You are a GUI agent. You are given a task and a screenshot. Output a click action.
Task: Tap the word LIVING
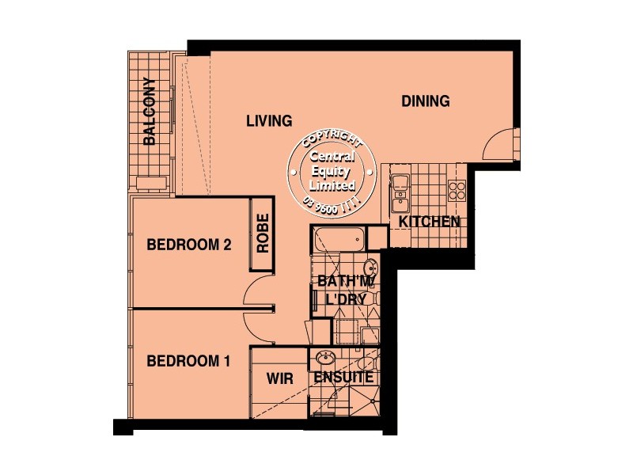pyautogui.click(x=268, y=121)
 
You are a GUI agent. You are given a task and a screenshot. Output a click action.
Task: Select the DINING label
pyautogui.click(x=425, y=101)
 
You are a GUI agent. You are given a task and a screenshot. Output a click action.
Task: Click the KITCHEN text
pyautogui.click(x=429, y=222)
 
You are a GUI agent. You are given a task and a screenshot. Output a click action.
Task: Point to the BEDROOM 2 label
pyautogui.click(x=189, y=245)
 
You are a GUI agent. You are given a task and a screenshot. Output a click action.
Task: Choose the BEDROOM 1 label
pyautogui.click(x=188, y=361)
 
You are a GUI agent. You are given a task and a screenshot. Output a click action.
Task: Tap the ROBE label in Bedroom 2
pyautogui.click(x=263, y=234)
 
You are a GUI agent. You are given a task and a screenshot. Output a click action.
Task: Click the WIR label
pyautogui.click(x=279, y=379)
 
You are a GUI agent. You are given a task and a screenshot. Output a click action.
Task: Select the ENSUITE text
pyautogui.click(x=343, y=378)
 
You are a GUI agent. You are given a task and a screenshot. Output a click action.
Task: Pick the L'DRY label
pyautogui.click(x=345, y=300)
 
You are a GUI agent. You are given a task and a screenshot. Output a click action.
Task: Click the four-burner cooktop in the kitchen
pyautogui.click(x=457, y=189)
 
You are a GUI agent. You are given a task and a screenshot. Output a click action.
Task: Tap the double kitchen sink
pyautogui.click(x=400, y=187)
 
